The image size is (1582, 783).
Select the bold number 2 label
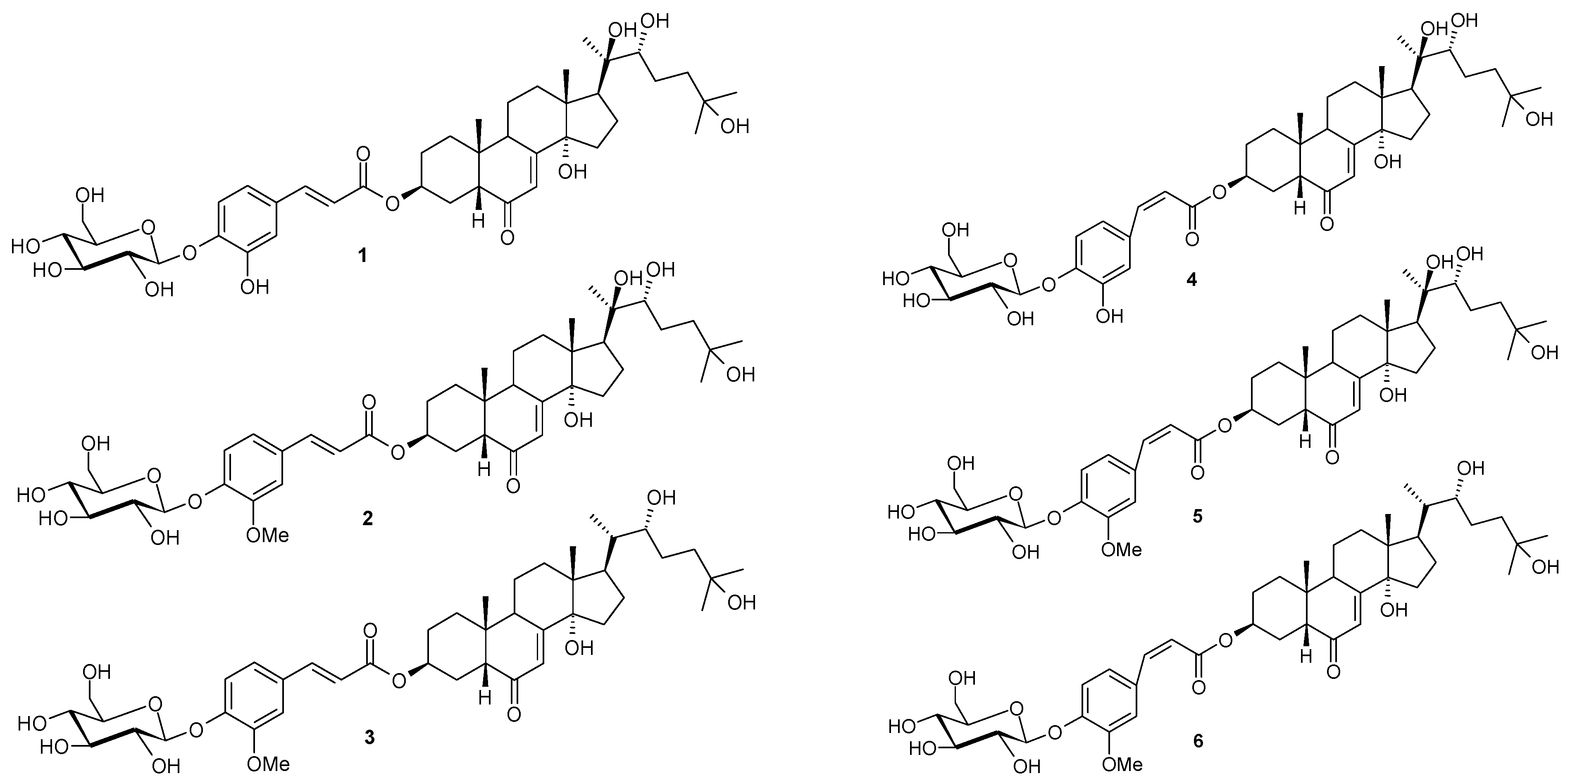click(x=367, y=519)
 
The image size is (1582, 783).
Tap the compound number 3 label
click(x=369, y=738)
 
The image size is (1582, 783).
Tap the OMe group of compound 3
click(x=268, y=764)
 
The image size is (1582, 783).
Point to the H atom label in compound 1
click(x=478, y=220)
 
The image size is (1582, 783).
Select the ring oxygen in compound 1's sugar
click(x=146, y=228)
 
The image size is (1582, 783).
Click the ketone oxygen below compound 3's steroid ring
click(x=514, y=714)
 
